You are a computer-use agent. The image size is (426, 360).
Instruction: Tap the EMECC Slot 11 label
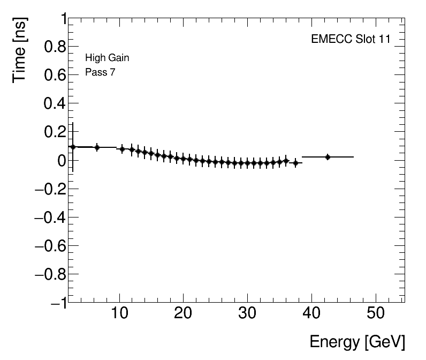pos(351,40)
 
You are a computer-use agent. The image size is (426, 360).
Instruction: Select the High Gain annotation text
pos(107,58)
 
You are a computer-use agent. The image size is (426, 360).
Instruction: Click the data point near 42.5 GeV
pos(328,157)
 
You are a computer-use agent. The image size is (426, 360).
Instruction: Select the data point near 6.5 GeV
pos(97,147)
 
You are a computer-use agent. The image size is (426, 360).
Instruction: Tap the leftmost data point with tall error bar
pos(73,147)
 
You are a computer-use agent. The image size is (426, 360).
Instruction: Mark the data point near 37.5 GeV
pos(295,162)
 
